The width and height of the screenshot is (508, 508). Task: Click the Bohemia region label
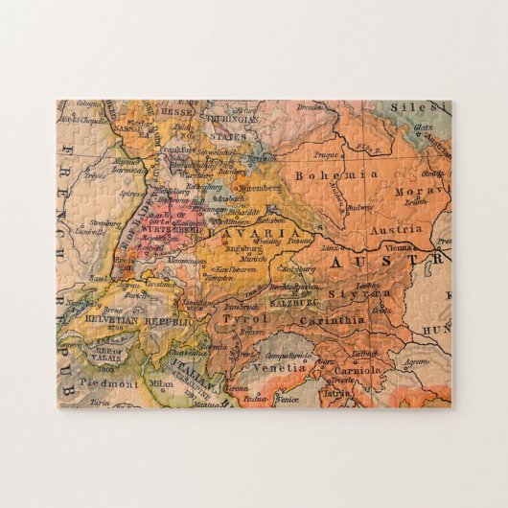pos(325,175)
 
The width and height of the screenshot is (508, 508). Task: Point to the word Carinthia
pos(333,321)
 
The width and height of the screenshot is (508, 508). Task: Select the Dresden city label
pos(310,109)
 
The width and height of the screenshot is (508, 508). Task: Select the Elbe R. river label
pos(365,148)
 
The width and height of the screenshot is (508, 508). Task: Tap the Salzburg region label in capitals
pos(297,301)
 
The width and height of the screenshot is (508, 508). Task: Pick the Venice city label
pos(288,398)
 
